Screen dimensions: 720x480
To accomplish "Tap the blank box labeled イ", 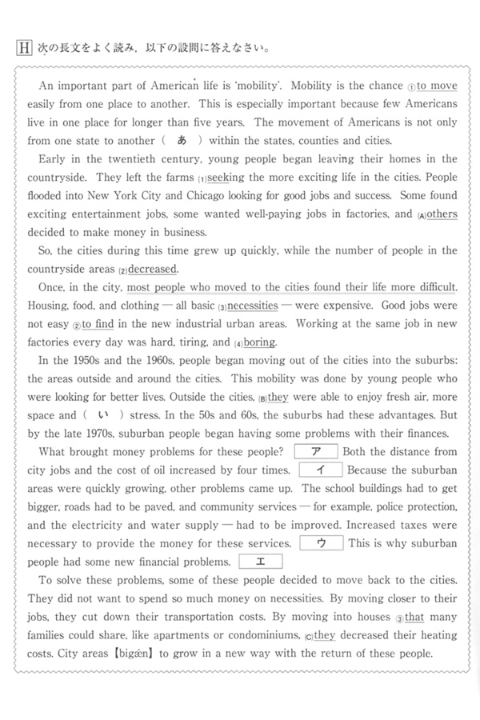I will [320, 470].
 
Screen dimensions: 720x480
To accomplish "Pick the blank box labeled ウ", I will [321, 543].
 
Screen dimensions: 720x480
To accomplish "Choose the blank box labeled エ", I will [261, 562].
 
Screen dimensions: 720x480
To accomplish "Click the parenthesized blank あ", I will [181, 140].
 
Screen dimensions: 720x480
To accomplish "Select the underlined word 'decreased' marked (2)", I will [153, 269].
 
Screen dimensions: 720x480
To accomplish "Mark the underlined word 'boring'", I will [260, 342].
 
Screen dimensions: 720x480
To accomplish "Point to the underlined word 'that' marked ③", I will [416, 617].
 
